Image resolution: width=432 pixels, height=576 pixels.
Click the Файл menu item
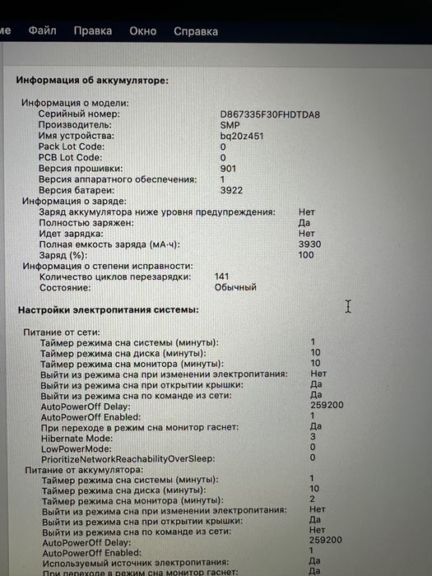(x=42, y=31)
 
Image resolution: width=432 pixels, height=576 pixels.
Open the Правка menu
(x=92, y=31)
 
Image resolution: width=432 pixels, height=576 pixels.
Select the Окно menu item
(x=142, y=31)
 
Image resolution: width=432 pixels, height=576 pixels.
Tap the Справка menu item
(x=196, y=31)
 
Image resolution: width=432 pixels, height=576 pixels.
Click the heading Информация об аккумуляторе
(x=92, y=81)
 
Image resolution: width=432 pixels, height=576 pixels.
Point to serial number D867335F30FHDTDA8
(x=270, y=114)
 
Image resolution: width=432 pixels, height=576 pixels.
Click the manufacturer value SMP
(x=230, y=125)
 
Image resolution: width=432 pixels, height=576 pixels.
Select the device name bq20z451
(x=242, y=136)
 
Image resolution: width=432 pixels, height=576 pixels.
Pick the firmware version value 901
(x=229, y=168)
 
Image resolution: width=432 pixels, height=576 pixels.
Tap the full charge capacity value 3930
(x=310, y=244)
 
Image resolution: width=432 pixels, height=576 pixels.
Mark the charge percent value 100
(x=307, y=255)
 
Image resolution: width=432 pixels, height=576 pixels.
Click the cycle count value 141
(x=221, y=277)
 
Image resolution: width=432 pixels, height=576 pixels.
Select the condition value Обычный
(x=235, y=288)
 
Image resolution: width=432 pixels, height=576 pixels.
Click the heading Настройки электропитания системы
(x=108, y=310)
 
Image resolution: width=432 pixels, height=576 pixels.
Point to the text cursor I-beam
(x=348, y=306)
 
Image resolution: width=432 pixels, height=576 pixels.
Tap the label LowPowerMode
(x=76, y=448)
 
